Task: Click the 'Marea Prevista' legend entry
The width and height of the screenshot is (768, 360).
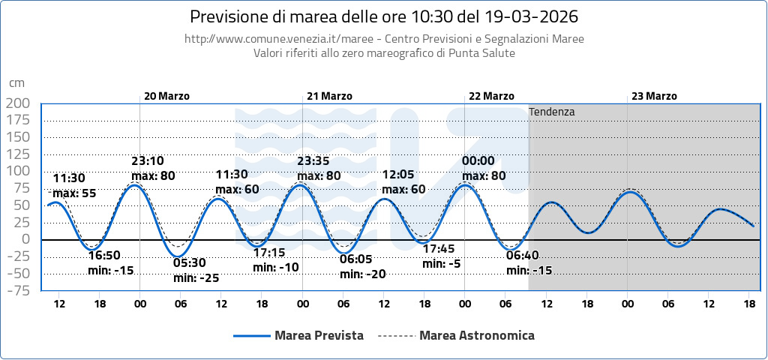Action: click(319, 335)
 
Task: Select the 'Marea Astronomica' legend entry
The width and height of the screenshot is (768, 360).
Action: click(477, 335)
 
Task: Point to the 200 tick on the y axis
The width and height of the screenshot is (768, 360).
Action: click(17, 103)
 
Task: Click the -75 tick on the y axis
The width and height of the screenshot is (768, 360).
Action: click(17, 290)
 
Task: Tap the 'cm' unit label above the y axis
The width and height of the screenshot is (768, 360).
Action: click(16, 83)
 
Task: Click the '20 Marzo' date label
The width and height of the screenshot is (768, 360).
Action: click(166, 96)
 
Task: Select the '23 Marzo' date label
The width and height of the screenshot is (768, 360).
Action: click(654, 96)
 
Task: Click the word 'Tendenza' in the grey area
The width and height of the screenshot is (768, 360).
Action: click(552, 112)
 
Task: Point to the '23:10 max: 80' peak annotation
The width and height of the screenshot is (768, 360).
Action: click(153, 169)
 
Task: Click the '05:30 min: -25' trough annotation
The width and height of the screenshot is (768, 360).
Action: click(196, 271)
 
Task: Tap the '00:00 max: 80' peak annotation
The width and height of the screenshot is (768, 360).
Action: click(484, 169)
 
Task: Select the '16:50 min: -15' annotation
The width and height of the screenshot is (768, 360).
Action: click(111, 263)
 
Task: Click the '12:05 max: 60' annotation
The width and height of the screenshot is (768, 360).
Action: click(403, 182)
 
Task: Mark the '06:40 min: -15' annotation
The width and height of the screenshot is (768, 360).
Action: click(529, 263)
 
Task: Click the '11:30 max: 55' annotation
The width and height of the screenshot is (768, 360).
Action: click(73, 186)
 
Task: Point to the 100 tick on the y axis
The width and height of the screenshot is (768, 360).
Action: click(17, 171)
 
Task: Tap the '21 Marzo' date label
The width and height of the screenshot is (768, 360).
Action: click(329, 96)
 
